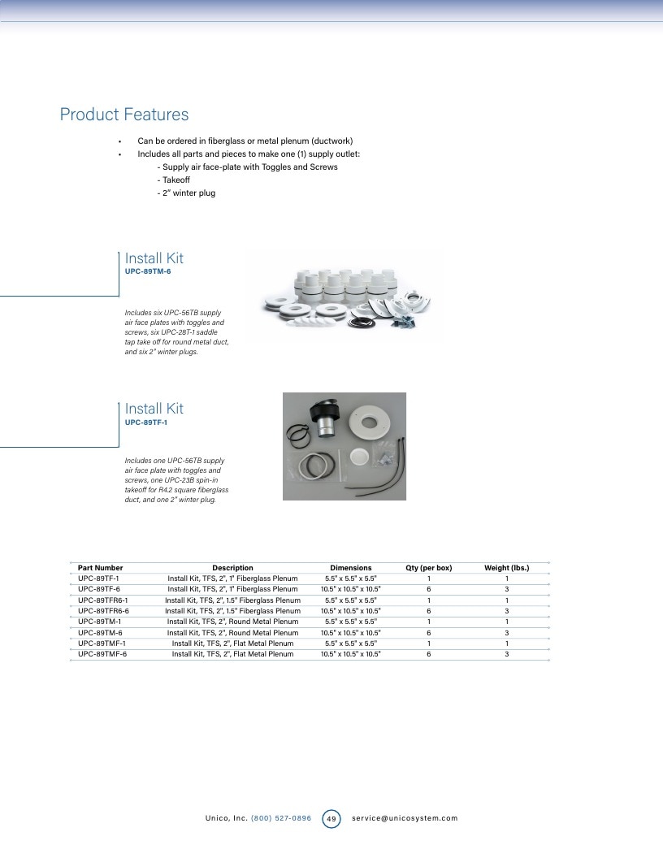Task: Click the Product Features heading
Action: click(124, 115)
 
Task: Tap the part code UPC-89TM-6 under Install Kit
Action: click(148, 271)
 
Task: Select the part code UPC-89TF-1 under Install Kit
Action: click(146, 422)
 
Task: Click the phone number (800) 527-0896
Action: click(280, 818)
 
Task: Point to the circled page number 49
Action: click(331, 819)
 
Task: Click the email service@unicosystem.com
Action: click(405, 818)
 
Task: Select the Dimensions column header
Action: click(351, 568)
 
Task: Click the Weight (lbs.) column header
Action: click(506, 568)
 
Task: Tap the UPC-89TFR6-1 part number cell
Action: click(103, 600)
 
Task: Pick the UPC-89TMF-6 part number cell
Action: click(102, 654)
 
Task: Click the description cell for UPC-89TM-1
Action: click(232, 622)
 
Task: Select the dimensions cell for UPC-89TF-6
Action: click(351, 589)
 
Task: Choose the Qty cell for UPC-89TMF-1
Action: click(429, 643)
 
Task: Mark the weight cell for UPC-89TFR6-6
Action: click(506, 611)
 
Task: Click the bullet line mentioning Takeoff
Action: click(173, 180)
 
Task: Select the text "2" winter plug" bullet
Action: click(186, 193)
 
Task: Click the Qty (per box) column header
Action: click(429, 568)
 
